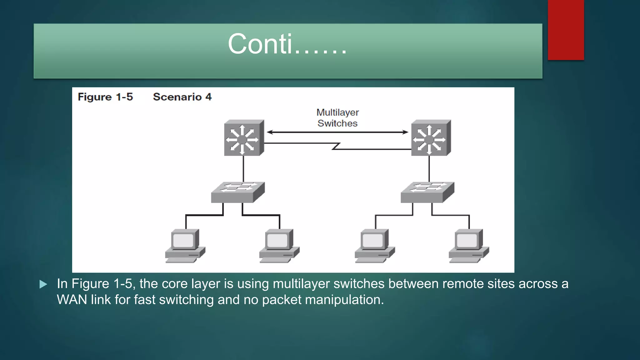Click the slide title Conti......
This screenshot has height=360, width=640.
(287, 44)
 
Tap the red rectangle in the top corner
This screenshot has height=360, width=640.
(566, 30)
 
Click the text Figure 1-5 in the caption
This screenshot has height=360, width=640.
(105, 97)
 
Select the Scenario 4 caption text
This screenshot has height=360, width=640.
(182, 97)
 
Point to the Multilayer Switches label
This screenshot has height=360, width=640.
(337, 118)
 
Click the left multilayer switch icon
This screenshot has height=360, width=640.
(244, 138)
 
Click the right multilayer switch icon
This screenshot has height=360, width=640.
(431, 138)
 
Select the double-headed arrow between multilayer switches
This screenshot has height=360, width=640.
(337, 132)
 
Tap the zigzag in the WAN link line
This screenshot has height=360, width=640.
(336, 146)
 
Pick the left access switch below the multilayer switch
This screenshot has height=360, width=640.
(237, 192)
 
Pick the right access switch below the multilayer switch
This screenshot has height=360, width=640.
(427, 192)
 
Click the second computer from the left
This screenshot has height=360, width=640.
(279, 246)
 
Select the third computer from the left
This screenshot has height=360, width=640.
(375, 246)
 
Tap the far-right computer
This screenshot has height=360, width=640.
(469, 246)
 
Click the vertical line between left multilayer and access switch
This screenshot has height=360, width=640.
(243, 169)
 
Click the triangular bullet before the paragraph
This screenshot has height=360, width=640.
(43, 284)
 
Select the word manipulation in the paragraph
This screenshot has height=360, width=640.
(344, 300)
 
